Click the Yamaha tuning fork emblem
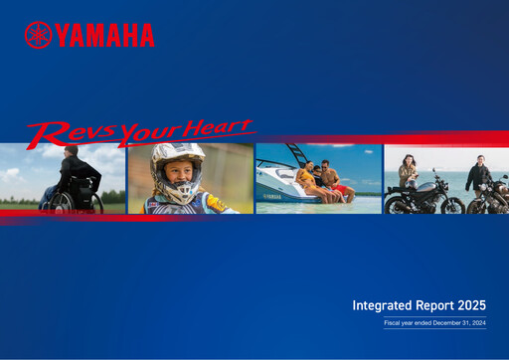point(38,35)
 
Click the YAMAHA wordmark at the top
point(104,36)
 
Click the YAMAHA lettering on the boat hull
point(270,198)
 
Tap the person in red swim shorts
point(335,184)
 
